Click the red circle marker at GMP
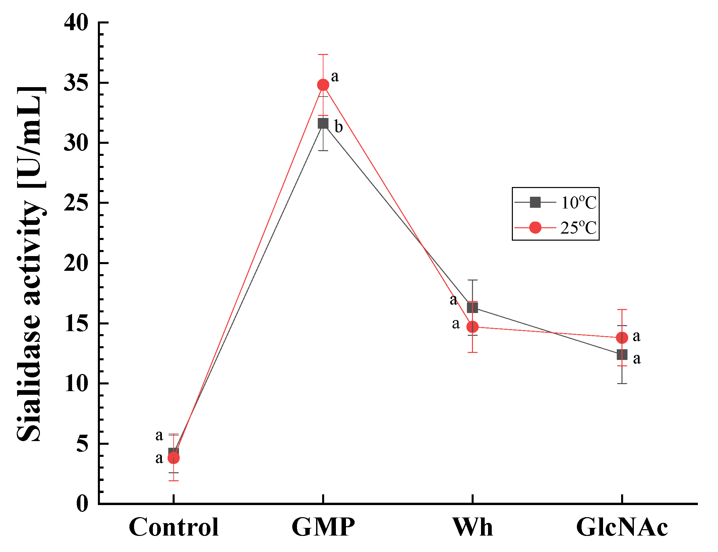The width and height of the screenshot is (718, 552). (x=323, y=85)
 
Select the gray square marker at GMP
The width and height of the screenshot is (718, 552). (x=323, y=124)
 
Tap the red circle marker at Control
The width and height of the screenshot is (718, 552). (x=173, y=458)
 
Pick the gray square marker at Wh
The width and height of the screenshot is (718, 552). (x=472, y=307)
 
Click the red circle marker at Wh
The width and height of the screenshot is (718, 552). (x=472, y=326)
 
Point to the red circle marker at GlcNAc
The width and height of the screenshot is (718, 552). (x=622, y=338)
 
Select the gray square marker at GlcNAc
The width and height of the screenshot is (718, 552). (x=622, y=354)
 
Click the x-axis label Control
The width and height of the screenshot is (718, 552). (x=173, y=527)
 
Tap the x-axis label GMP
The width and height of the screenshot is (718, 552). (x=323, y=527)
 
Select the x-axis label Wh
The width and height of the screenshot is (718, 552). (x=472, y=527)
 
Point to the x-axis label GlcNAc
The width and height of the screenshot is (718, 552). (x=622, y=527)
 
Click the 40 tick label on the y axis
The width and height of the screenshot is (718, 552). (x=76, y=23)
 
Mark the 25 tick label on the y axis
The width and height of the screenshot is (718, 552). (x=76, y=203)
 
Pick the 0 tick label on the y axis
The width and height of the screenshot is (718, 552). (x=82, y=503)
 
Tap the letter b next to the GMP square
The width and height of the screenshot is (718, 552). (x=339, y=127)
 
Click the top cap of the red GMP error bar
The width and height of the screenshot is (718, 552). (x=323, y=54)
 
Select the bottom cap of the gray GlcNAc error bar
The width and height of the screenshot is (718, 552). (x=622, y=383)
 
